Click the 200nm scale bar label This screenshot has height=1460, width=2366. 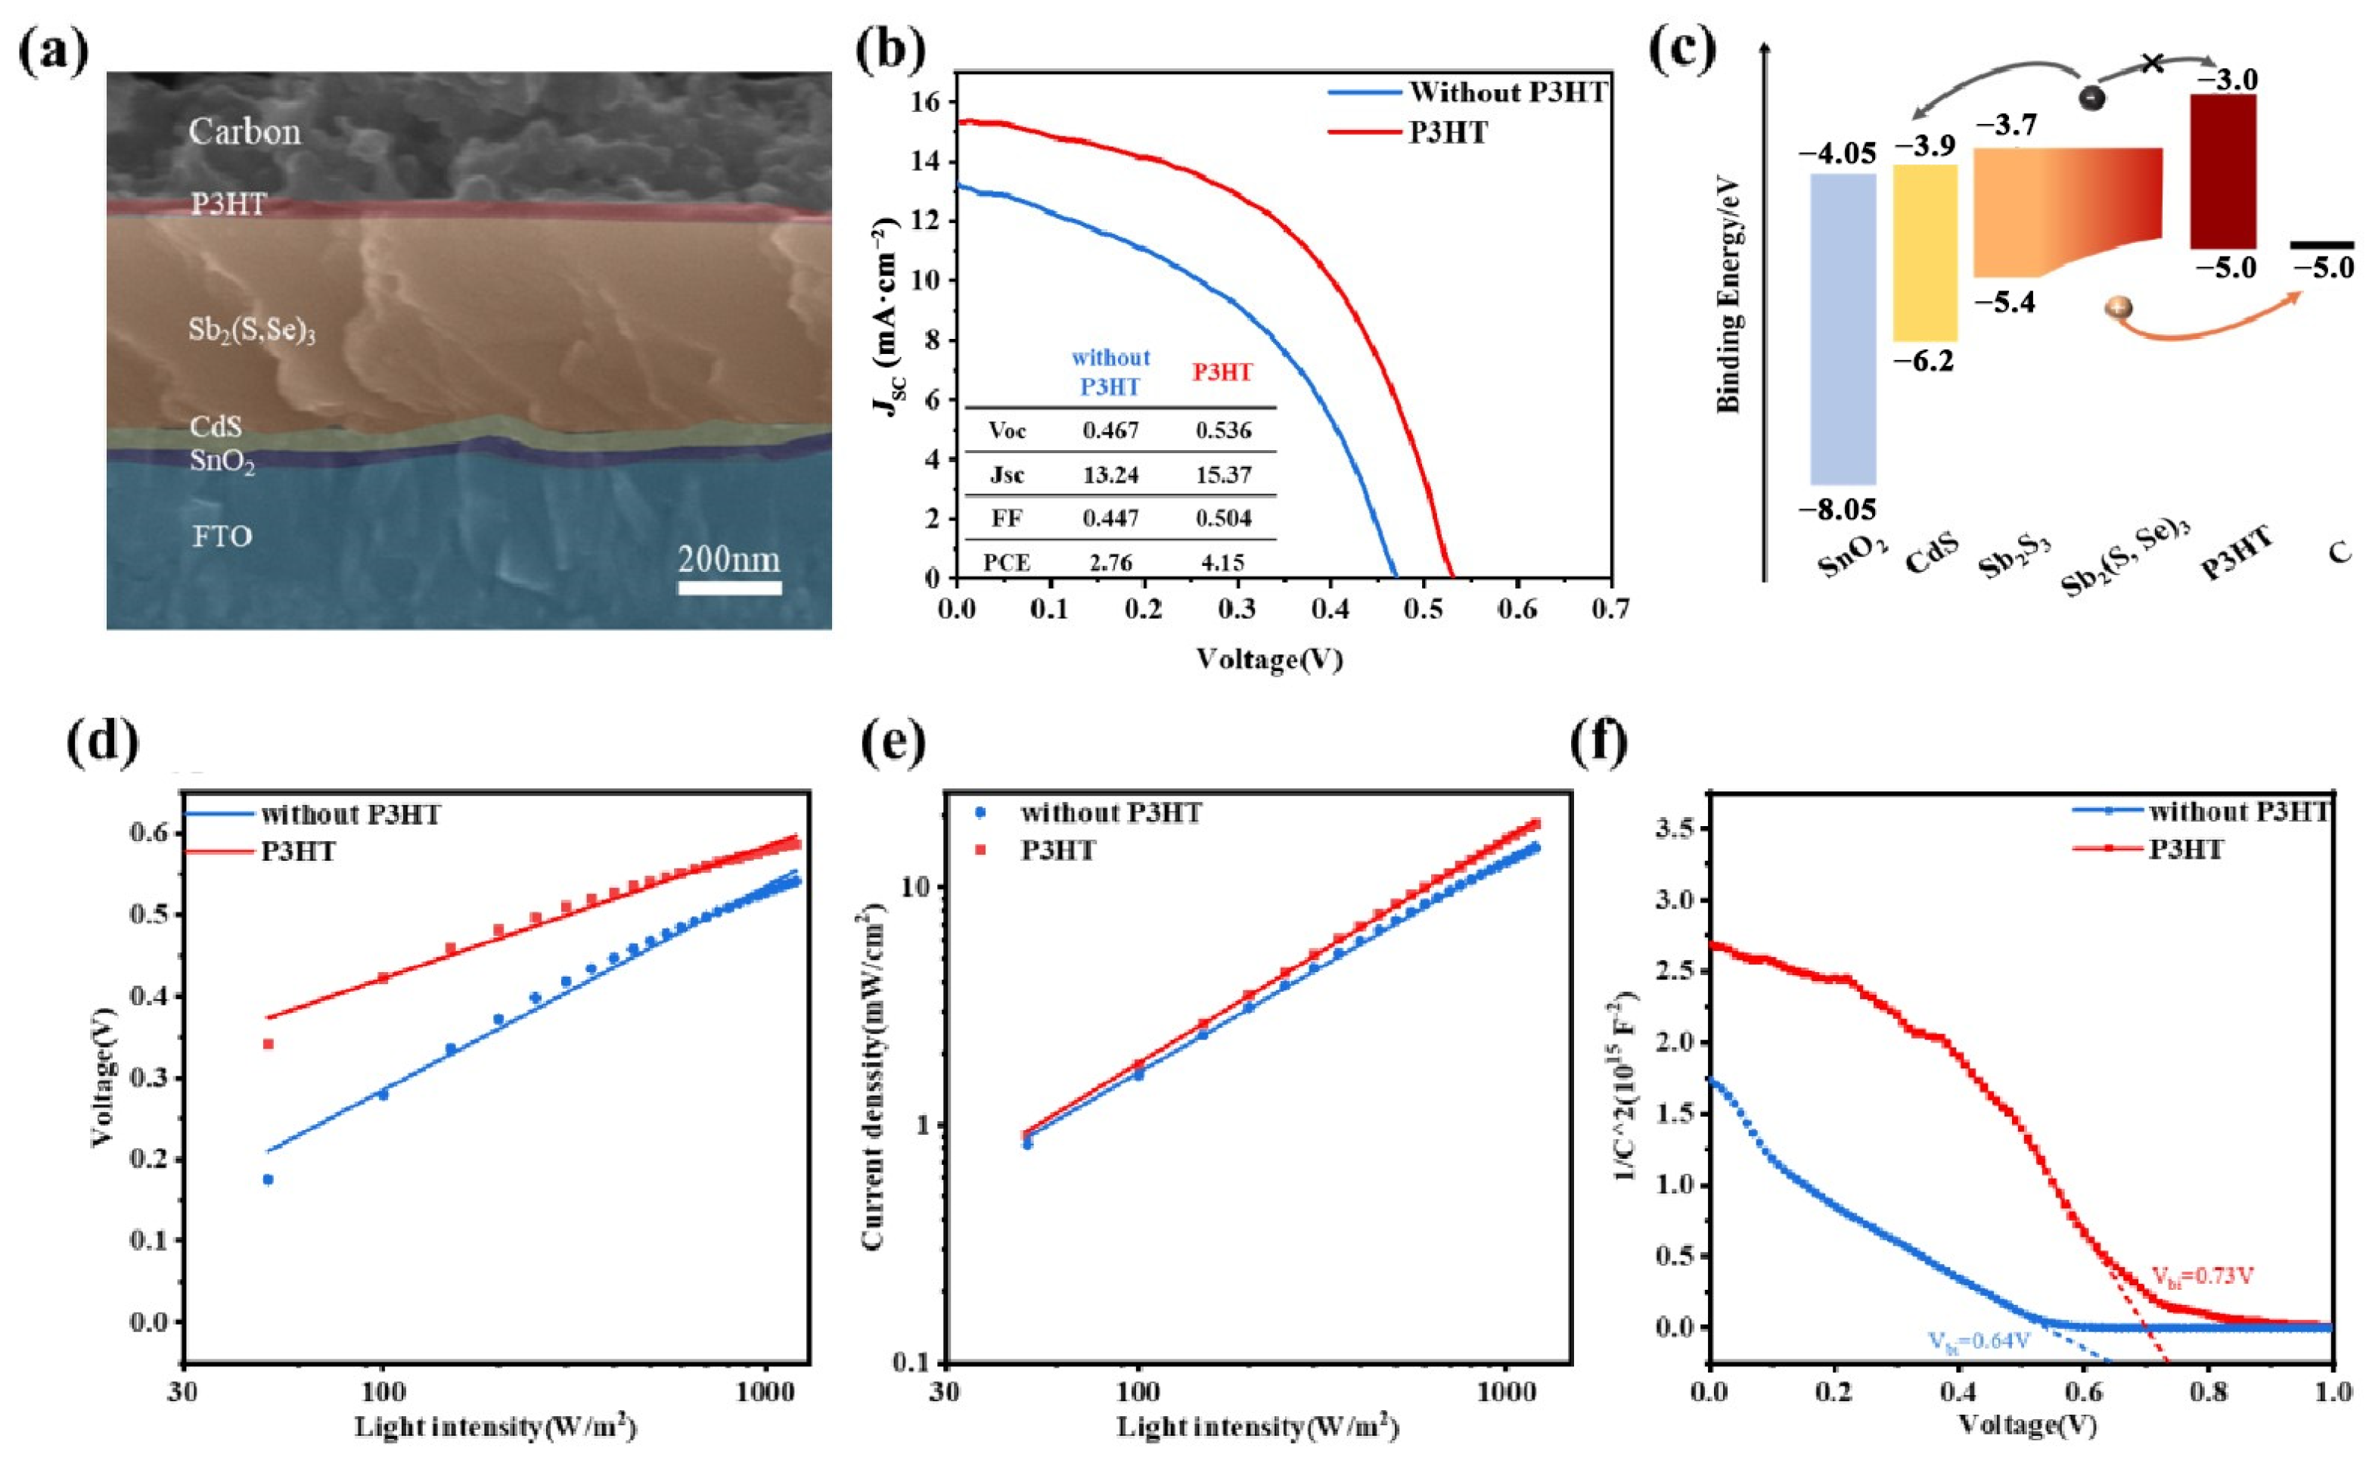[x=729, y=559]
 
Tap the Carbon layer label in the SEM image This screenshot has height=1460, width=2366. [x=244, y=132]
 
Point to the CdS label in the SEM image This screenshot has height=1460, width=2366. [x=216, y=426]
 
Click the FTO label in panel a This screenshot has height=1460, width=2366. [x=222, y=536]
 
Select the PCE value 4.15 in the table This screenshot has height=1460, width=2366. [x=1223, y=562]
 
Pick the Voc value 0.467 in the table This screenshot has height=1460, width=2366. [x=1110, y=430]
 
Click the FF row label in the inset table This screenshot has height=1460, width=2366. [x=1007, y=518]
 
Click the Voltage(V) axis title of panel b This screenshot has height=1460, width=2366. [x=1269, y=660]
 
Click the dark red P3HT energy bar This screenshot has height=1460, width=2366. [x=2222, y=172]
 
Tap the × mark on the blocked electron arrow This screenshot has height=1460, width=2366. [x=2152, y=64]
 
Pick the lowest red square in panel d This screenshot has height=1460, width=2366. [x=269, y=1044]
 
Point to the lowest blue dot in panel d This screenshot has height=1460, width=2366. [x=269, y=1179]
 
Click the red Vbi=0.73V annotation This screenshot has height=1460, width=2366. [x=2202, y=1276]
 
